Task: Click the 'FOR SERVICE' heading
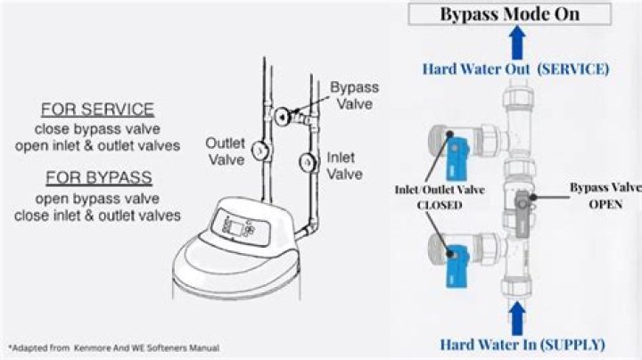coord(98,110)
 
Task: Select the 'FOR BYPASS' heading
coord(99,176)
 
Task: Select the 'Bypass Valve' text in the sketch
coord(354,95)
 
